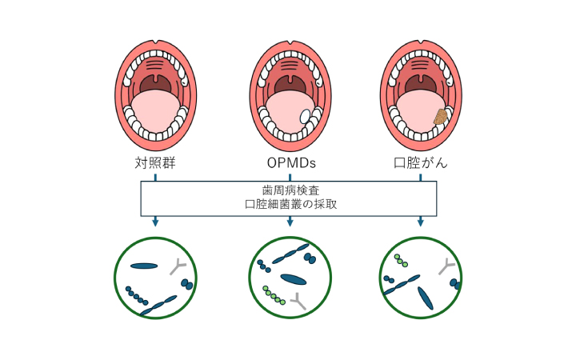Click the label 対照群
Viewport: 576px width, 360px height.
(x=155, y=164)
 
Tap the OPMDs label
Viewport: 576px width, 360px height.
(x=291, y=164)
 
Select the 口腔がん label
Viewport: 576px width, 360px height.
(x=421, y=164)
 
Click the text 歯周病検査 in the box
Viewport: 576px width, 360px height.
(x=290, y=190)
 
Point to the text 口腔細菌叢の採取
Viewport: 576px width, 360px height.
(x=290, y=204)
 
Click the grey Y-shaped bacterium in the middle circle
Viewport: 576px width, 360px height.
(x=300, y=301)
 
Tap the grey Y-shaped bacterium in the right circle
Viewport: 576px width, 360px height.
(x=446, y=267)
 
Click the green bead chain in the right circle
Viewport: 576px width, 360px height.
(x=401, y=261)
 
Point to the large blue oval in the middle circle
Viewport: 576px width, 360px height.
(x=294, y=279)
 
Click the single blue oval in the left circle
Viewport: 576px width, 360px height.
(x=145, y=266)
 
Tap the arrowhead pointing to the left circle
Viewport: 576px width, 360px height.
(x=155, y=222)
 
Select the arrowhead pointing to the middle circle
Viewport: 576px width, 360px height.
(x=290, y=222)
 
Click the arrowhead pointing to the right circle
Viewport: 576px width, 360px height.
(x=421, y=222)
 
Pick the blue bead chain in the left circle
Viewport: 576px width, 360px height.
(x=136, y=295)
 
